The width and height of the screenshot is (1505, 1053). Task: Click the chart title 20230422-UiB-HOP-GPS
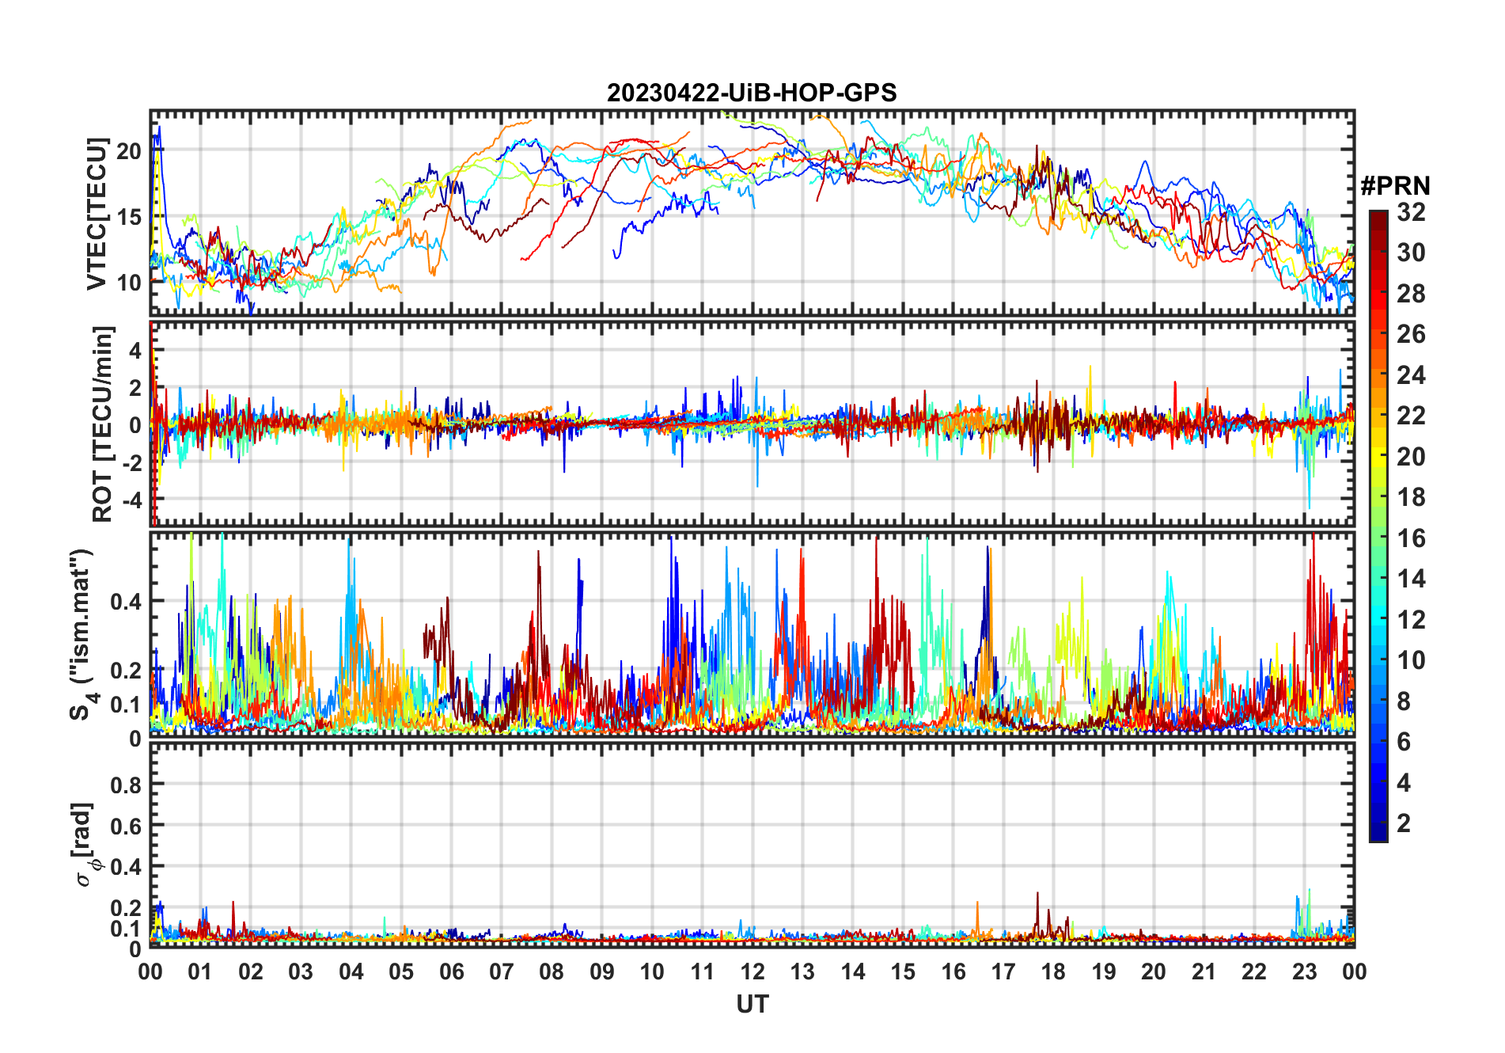(x=752, y=93)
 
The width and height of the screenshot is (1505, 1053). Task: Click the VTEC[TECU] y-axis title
(x=97, y=214)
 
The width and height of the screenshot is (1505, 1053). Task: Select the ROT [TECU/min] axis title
(x=102, y=424)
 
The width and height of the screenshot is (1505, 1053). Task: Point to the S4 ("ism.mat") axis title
(x=84, y=634)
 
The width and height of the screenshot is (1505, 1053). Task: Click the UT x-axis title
(x=752, y=1005)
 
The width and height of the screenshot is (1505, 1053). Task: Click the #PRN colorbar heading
(x=1395, y=186)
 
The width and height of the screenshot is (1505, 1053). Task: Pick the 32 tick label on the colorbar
(x=1411, y=212)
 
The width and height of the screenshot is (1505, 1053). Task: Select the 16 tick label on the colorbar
(x=1411, y=538)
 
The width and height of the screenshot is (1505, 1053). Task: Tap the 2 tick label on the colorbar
(x=1404, y=823)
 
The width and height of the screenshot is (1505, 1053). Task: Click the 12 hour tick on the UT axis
(x=752, y=971)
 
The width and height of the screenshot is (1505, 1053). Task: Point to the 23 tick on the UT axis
(x=1304, y=971)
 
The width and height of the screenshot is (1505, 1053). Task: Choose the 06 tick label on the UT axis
(x=452, y=971)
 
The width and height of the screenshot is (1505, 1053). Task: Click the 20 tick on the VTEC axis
(x=129, y=151)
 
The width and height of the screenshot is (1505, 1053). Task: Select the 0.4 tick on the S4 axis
(x=125, y=602)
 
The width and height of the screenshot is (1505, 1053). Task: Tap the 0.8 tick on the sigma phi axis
(x=125, y=785)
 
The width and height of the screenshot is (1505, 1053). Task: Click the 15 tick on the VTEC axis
(x=129, y=217)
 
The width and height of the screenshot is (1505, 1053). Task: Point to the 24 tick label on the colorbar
(x=1411, y=375)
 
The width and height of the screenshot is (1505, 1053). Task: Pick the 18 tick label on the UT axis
(x=1053, y=971)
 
